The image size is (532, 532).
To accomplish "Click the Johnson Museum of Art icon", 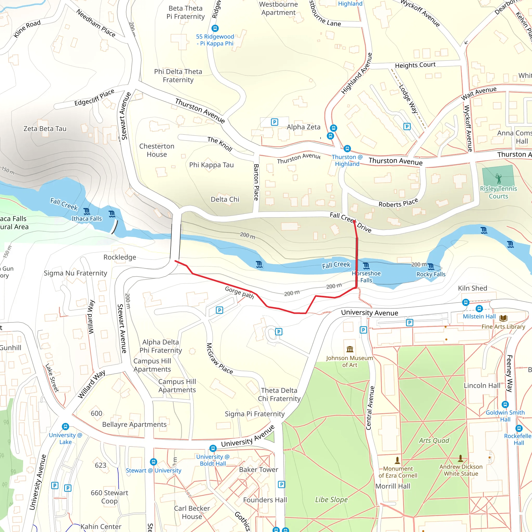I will click(350, 349).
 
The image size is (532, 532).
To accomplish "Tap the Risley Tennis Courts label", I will click(498, 192).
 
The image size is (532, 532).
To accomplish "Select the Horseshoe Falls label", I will click(366, 277).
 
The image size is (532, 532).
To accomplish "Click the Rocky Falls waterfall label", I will click(431, 274).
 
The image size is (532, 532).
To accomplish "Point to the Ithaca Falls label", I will click(87, 219).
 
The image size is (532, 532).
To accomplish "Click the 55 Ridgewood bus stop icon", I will click(215, 28).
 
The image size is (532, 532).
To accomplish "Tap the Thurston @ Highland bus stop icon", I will click(347, 148).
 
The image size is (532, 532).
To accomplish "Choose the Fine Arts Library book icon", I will click(503, 318).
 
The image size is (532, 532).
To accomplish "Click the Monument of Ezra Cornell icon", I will click(397, 460).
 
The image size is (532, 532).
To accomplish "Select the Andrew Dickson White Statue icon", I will click(460, 458).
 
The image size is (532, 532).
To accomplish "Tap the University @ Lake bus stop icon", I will click(65, 427).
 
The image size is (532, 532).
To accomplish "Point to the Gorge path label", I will click(239, 292).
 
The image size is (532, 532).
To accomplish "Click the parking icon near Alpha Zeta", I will click(274, 122).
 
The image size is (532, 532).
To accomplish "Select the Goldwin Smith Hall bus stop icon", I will click(505, 404).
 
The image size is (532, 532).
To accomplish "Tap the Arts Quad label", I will click(434, 441).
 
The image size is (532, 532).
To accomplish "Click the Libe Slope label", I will click(331, 500).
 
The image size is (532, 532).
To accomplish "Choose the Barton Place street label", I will click(256, 182).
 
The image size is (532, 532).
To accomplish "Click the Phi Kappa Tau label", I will click(211, 165).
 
